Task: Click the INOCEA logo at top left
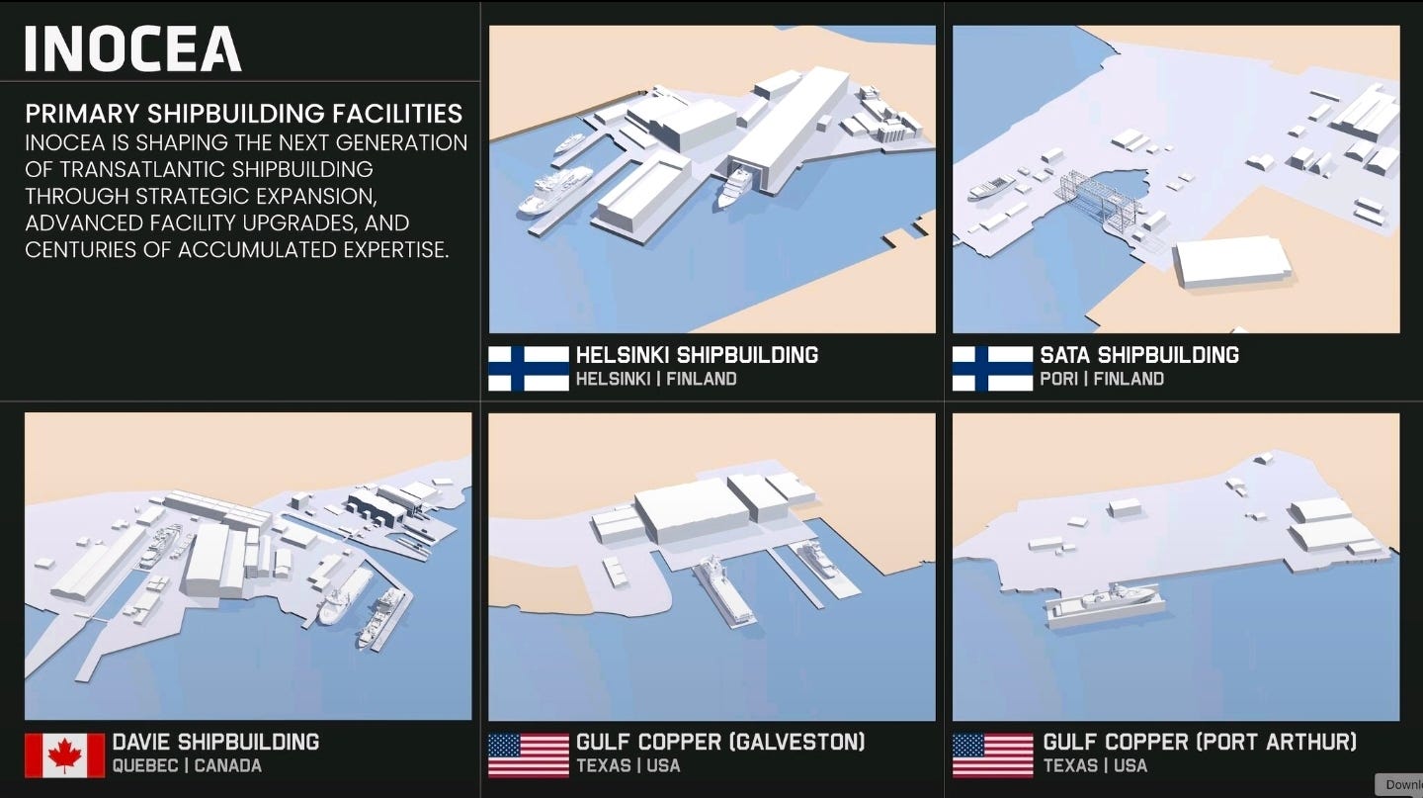[132, 48]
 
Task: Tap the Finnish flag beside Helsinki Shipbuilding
[529, 368]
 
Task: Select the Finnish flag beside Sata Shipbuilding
[992, 368]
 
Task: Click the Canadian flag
[64, 754]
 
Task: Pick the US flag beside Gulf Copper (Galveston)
[529, 754]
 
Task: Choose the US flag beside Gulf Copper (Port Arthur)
[992, 754]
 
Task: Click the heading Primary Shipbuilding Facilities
[243, 113]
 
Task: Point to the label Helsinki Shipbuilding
[697, 355]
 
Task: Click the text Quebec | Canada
[187, 765]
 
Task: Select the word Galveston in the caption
[795, 742]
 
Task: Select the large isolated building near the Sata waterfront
[1231, 260]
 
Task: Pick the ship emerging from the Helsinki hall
[735, 187]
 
